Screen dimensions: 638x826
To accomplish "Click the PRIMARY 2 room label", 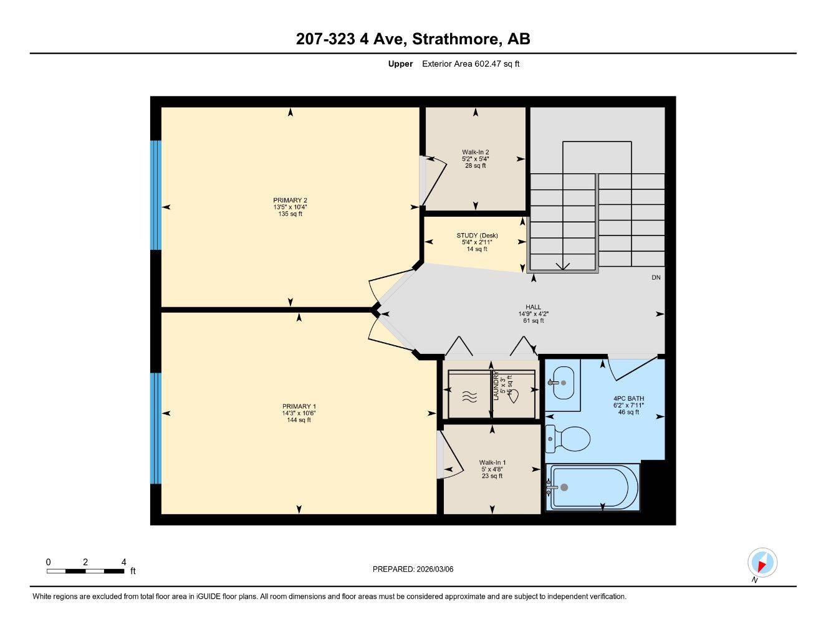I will coord(290,207).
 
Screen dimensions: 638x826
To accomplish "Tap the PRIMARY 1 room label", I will coord(299,413).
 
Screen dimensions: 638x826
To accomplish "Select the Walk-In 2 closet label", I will coord(475,158).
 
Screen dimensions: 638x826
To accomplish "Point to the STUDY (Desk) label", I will coord(477,242).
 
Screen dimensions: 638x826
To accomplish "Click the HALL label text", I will coord(533,313).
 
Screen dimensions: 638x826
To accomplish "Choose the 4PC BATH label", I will coord(628,405).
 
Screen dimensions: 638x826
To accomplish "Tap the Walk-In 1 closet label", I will coord(492,469).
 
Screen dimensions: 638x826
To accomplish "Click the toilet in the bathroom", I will coord(569,439).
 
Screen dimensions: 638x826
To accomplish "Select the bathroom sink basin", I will coord(564,383).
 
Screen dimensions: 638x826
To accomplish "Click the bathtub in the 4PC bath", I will coord(592,487).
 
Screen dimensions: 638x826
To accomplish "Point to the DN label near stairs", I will coord(656,278).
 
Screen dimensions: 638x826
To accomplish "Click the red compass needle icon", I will coord(762,563).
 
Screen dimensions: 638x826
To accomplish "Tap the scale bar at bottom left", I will coord(85,571).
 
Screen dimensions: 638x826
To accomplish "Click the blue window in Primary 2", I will coord(156,195).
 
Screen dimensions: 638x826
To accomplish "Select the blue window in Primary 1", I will coord(156,428).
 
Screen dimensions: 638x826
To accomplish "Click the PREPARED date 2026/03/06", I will coord(413,569).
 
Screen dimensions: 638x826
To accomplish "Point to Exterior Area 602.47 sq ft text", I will coord(471,64).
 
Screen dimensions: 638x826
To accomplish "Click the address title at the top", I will coord(413,39).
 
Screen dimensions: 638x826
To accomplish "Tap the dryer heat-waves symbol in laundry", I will coord(470,397).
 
